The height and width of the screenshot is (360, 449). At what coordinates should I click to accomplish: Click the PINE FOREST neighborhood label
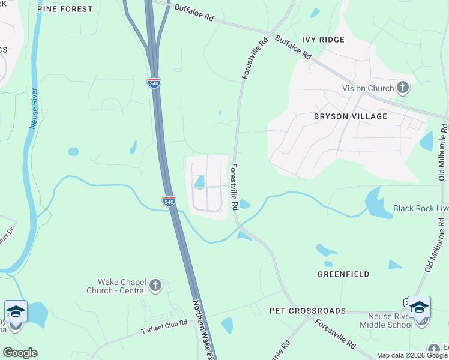tap(65, 9)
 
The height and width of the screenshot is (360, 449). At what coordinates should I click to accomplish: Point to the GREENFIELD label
tap(343, 274)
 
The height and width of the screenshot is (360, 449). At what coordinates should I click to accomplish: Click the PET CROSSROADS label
tap(308, 311)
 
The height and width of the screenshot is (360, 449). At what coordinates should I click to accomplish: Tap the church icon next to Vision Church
tap(403, 88)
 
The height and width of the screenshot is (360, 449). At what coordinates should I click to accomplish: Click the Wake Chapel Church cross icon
tap(155, 286)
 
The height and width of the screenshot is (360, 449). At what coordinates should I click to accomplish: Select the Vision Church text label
tap(368, 88)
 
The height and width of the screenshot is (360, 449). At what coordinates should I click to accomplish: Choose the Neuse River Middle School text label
tap(386, 320)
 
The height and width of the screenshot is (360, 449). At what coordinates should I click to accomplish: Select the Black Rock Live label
tap(420, 208)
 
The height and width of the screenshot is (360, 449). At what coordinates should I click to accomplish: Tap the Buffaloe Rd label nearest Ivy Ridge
tap(294, 47)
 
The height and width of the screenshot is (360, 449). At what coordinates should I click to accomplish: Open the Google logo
tap(20, 352)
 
